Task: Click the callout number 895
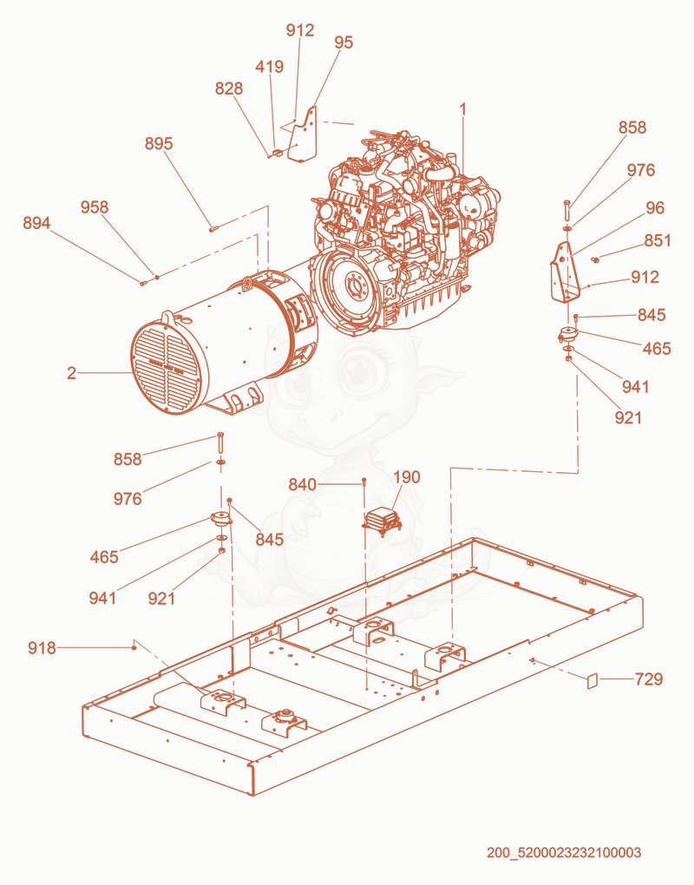point(159,143)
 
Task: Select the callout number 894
point(36,223)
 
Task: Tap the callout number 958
point(95,207)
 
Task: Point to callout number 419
point(269,67)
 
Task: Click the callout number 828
point(228,88)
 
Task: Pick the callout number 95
point(344,43)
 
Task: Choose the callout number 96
point(655,207)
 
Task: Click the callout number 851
point(658,240)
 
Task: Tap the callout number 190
point(407,477)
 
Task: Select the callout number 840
point(303,484)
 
